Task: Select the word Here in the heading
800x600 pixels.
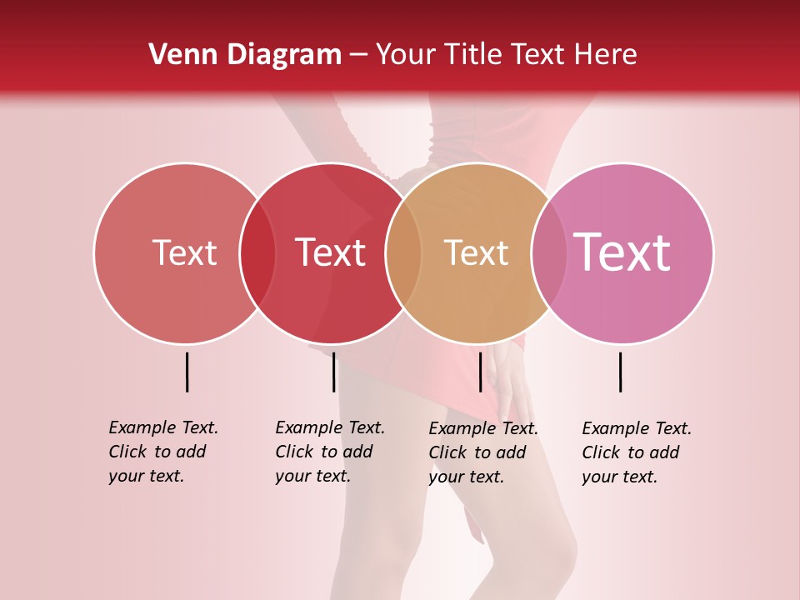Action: tap(607, 55)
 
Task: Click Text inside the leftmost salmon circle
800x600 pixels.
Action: tap(184, 252)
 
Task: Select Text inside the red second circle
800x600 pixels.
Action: tap(331, 252)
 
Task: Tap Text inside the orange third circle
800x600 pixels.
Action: tap(476, 252)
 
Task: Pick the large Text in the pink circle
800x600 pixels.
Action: tap(622, 252)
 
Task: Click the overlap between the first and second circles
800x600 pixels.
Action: tap(257, 252)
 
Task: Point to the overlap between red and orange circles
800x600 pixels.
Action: tap(403, 252)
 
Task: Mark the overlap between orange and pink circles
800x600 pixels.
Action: tap(549, 252)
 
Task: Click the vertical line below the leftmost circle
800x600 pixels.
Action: tap(187, 372)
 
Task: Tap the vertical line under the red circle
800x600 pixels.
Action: tap(333, 372)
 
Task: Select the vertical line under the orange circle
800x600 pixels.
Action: tap(480, 372)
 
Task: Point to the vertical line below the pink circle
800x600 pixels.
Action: tap(621, 372)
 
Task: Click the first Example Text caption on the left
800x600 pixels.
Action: tap(163, 452)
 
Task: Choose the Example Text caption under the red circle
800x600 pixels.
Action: tap(330, 452)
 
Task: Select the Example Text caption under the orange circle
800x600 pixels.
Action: tap(483, 452)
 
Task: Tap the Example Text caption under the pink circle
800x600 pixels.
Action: tap(637, 452)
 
